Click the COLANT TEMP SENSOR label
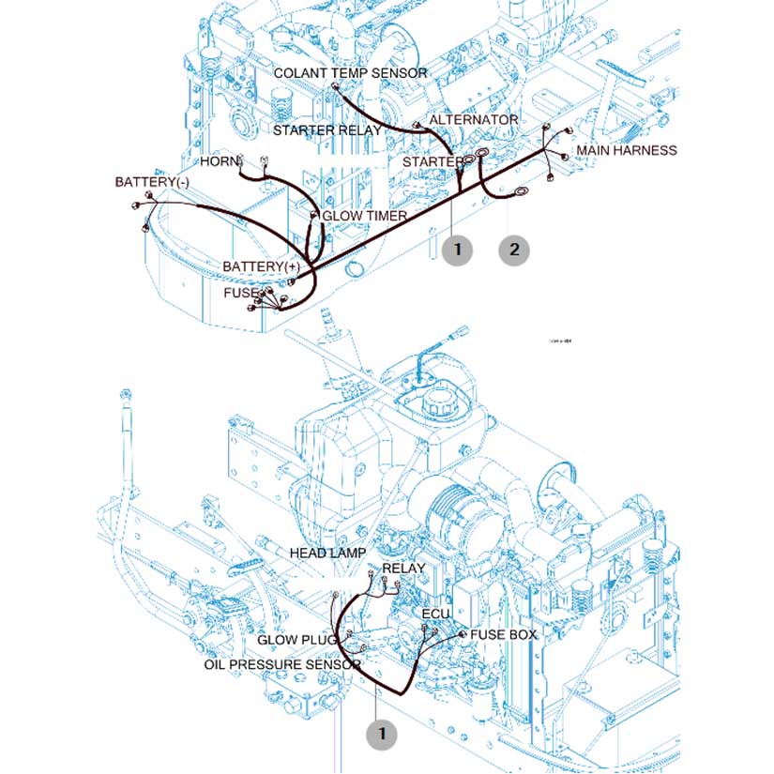pyautogui.click(x=350, y=72)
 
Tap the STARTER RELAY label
pyautogui.click(x=326, y=129)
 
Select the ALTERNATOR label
pyautogui.click(x=473, y=120)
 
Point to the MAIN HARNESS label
pyautogui.click(x=626, y=150)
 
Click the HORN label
pyautogui.click(x=220, y=161)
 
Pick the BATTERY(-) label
pyautogui.click(x=152, y=180)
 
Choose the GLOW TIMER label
pyautogui.click(x=364, y=216)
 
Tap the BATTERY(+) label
pyautogui.click(x=261, y=267)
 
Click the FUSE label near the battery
pyautogui.click(x=239, y=293)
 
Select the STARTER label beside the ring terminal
pyautogui.click(x=433, y=162)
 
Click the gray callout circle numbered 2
pyautogui.click(x=513, y=250)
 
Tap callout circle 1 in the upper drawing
pyautogui.click(x=457, y=250)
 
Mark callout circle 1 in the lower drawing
pyautogui.click(x=382, y=733)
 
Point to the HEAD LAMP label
pyautogui.click(x=327, y=554)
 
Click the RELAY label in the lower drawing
pyautogui.click(x=403, y=569)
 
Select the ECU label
pyautogui.click(x=436, y=614)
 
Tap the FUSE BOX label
pyautogui.click(x=504, y=635)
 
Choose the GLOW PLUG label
pyautogui.click(x=297, y=641)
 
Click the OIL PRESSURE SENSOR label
pyautogui.click(x=282, y=664)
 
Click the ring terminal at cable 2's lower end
pyautogui.click(x=518, y=194)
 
